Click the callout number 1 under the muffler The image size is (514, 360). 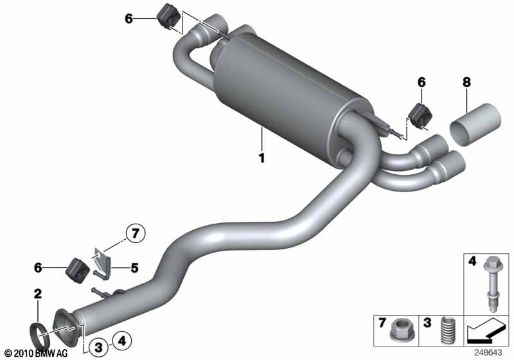click(261, 157)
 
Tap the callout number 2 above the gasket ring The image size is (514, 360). click(38, 293)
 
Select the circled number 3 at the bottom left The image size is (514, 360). click(98, 346)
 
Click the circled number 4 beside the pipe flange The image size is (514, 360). click(121, 341)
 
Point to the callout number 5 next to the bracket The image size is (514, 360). click(135, 268)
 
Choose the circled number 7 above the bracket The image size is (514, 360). click(136, 233)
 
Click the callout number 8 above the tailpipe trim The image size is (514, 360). click(466, 82)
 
